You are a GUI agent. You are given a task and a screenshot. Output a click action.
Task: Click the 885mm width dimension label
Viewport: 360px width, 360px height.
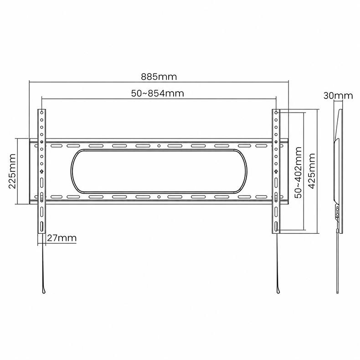tap(159, 77)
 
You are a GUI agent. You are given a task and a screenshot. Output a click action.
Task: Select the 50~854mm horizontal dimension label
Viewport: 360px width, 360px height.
tap(158, 93)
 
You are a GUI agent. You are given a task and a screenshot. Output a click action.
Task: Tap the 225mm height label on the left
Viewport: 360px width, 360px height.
tap(12, 171)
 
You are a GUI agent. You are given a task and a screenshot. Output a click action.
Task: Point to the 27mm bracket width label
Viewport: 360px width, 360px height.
tap(62, 238)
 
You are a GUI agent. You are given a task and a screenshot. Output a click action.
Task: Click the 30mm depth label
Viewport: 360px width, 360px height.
tap(338, 96)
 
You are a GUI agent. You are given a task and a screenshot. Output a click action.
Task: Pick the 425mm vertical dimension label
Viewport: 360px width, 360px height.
tap(312, 171)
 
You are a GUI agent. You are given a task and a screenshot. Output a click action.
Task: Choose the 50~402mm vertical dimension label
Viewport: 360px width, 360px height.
tap(298, 172)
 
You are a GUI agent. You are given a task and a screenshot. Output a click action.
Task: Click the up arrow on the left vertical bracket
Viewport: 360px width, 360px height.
tap(42, 171)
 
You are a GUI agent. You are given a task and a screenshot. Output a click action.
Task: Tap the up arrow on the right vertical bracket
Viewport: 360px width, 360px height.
tap(276, 171)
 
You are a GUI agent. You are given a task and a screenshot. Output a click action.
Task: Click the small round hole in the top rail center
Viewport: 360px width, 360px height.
tap(159, 146)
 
